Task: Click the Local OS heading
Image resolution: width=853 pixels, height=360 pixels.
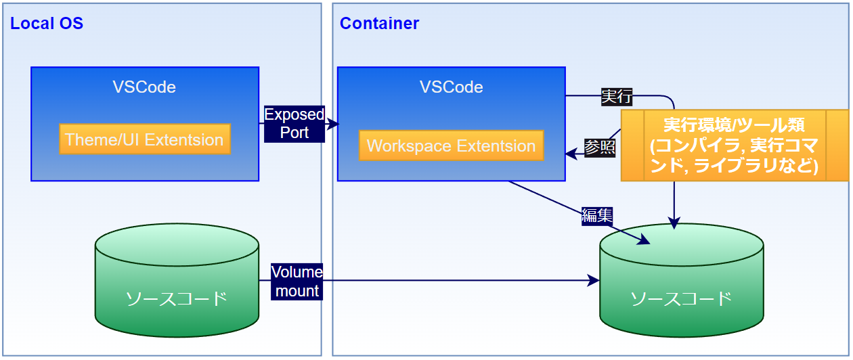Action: coord(47,24)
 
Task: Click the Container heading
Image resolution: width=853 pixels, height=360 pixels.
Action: coord(379,24)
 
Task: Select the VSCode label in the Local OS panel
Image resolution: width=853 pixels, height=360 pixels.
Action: coord(144,87)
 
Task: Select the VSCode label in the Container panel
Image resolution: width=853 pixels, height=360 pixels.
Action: coord(451,87)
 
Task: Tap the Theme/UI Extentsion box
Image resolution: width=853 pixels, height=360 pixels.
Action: coord(144,139)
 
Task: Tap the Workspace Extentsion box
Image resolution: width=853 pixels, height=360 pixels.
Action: coord(451,145)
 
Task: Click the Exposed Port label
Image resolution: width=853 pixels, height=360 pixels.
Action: coord(294,123)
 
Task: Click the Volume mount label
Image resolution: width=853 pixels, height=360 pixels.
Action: coord(297,282)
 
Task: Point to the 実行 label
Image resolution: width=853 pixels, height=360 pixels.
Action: coord(617,97)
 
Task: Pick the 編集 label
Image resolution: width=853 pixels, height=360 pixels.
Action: coord(597,215)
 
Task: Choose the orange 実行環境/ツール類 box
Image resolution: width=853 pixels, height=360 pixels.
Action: coord(734,145)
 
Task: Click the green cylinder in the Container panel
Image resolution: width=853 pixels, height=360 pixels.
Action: coord(681,284)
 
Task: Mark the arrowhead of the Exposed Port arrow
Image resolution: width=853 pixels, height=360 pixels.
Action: coord(334,123)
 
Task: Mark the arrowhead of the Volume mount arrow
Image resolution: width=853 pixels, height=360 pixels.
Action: coord(595,280)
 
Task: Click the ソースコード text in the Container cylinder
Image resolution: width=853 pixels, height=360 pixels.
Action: coord(681,298)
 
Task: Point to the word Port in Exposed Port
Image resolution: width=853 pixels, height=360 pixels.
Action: coord(294,132)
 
